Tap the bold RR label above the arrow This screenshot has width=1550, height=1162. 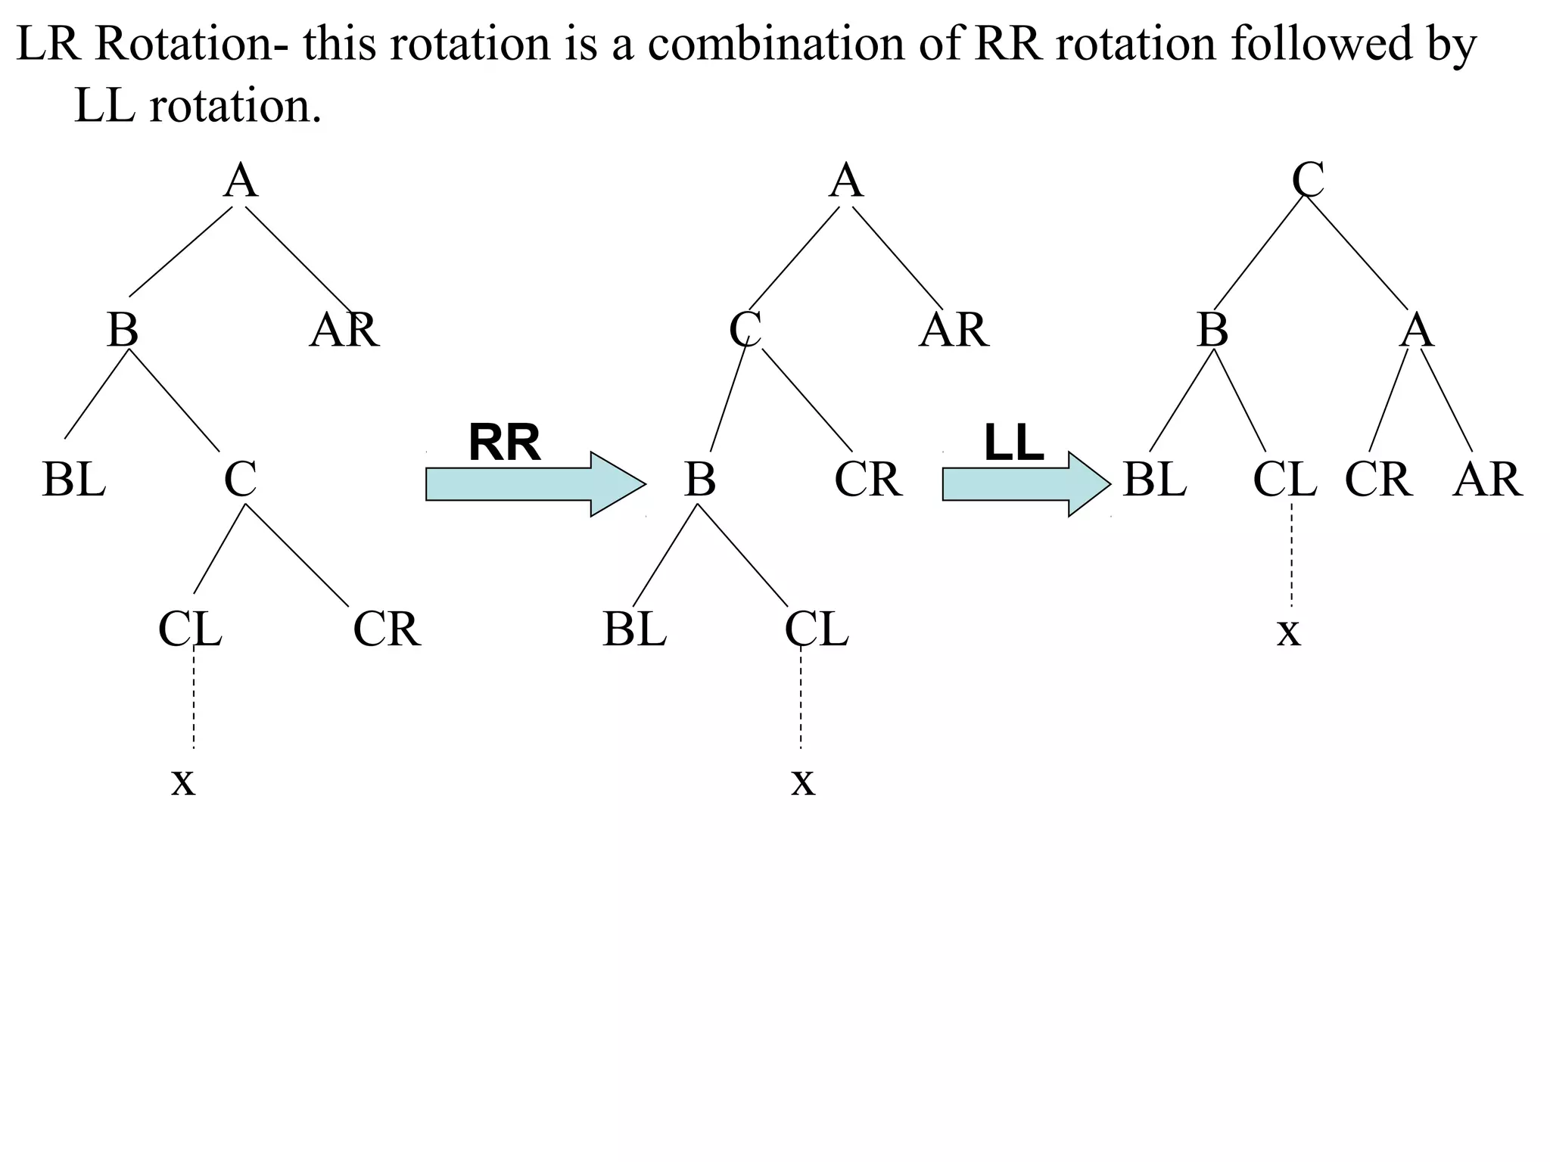(504, 443)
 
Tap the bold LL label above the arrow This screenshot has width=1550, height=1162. (1013, 443)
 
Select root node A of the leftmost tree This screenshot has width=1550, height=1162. (241, 182)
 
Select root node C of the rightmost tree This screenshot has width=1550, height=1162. (1308, 182)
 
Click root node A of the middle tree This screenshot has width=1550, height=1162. (846, 182)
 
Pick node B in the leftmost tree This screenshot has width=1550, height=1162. (123, 331)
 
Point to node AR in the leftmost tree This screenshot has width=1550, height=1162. (344, 331)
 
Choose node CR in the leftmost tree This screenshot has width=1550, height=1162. (387, 629)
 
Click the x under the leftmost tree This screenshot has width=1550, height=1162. (183, 781)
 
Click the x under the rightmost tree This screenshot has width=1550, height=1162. (1288, 631)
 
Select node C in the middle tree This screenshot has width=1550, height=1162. (745, 331)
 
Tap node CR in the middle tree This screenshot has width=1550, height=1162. (868, 480)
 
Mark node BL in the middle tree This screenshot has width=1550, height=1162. (634, 629)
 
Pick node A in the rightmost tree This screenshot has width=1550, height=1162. (1416, 331)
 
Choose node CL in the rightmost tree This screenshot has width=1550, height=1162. (1284, 480)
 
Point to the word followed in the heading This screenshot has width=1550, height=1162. (1321, 43)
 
